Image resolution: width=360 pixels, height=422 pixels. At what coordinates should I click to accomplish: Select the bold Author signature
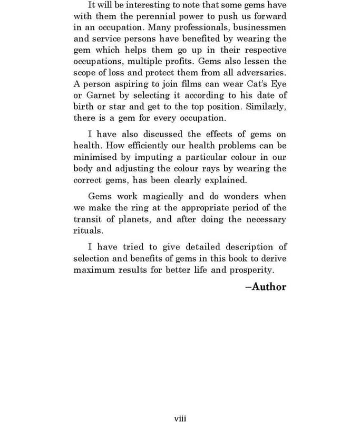266,287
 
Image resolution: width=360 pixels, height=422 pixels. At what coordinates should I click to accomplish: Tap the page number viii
180,418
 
